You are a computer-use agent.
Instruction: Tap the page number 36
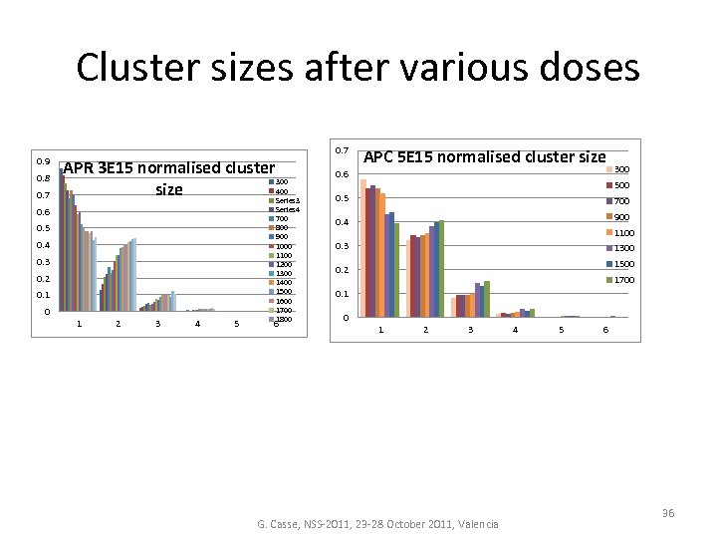(668, 513)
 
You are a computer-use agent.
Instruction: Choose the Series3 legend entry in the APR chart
(287, 200)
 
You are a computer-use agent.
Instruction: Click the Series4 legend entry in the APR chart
(287, 209)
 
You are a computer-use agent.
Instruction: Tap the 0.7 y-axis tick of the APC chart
(340, 150)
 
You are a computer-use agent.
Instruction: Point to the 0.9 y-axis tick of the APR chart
(43, 161)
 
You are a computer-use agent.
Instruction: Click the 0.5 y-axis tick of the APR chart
(43, 228)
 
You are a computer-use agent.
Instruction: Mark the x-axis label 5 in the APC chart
(562, 330)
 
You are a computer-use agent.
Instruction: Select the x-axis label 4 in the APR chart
(197, 323)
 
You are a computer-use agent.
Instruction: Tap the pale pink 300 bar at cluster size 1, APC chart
(363, 248)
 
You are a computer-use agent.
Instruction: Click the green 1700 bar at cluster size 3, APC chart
(487, 299)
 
